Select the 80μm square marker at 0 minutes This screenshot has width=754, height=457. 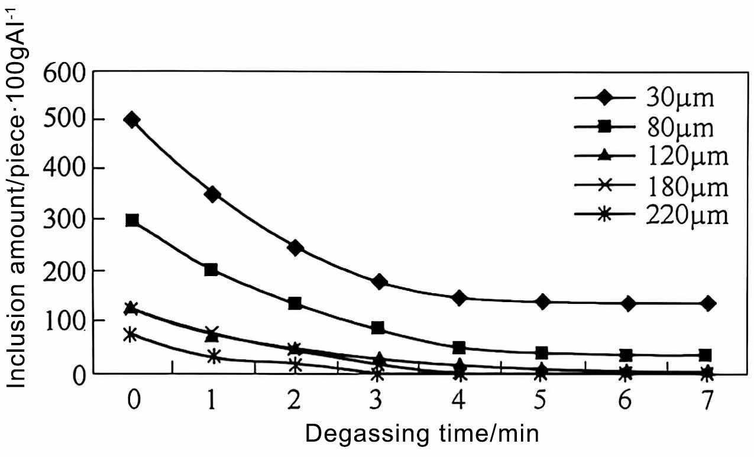pos(132,221)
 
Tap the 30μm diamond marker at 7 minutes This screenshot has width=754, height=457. pos(706,303)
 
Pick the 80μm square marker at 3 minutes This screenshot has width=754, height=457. pos(378,328)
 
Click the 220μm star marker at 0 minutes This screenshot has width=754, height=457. pos(131,335)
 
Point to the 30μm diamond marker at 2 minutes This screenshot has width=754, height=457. pos(295,248)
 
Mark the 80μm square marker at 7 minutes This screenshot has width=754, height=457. pos(706,355)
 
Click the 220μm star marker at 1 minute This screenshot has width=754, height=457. pos(213,356)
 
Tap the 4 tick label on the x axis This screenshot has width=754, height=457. pos(459,402)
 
